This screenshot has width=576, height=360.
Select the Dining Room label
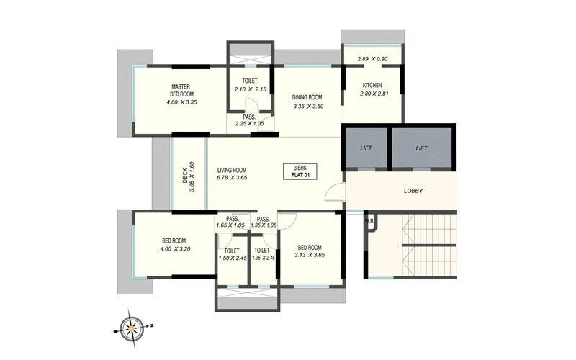307,97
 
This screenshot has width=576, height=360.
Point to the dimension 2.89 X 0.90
373,58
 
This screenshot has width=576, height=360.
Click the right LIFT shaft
422,148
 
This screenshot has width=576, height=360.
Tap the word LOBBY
413,191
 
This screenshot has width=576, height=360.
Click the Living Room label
233,171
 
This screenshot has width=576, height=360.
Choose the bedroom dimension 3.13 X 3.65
311,254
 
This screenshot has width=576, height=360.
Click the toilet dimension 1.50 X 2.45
233,258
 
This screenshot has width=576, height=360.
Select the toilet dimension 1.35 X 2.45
264,258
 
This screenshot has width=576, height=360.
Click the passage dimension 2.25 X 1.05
249,124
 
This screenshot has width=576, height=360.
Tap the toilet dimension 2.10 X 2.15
251,89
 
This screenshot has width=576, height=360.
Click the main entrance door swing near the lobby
333,191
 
